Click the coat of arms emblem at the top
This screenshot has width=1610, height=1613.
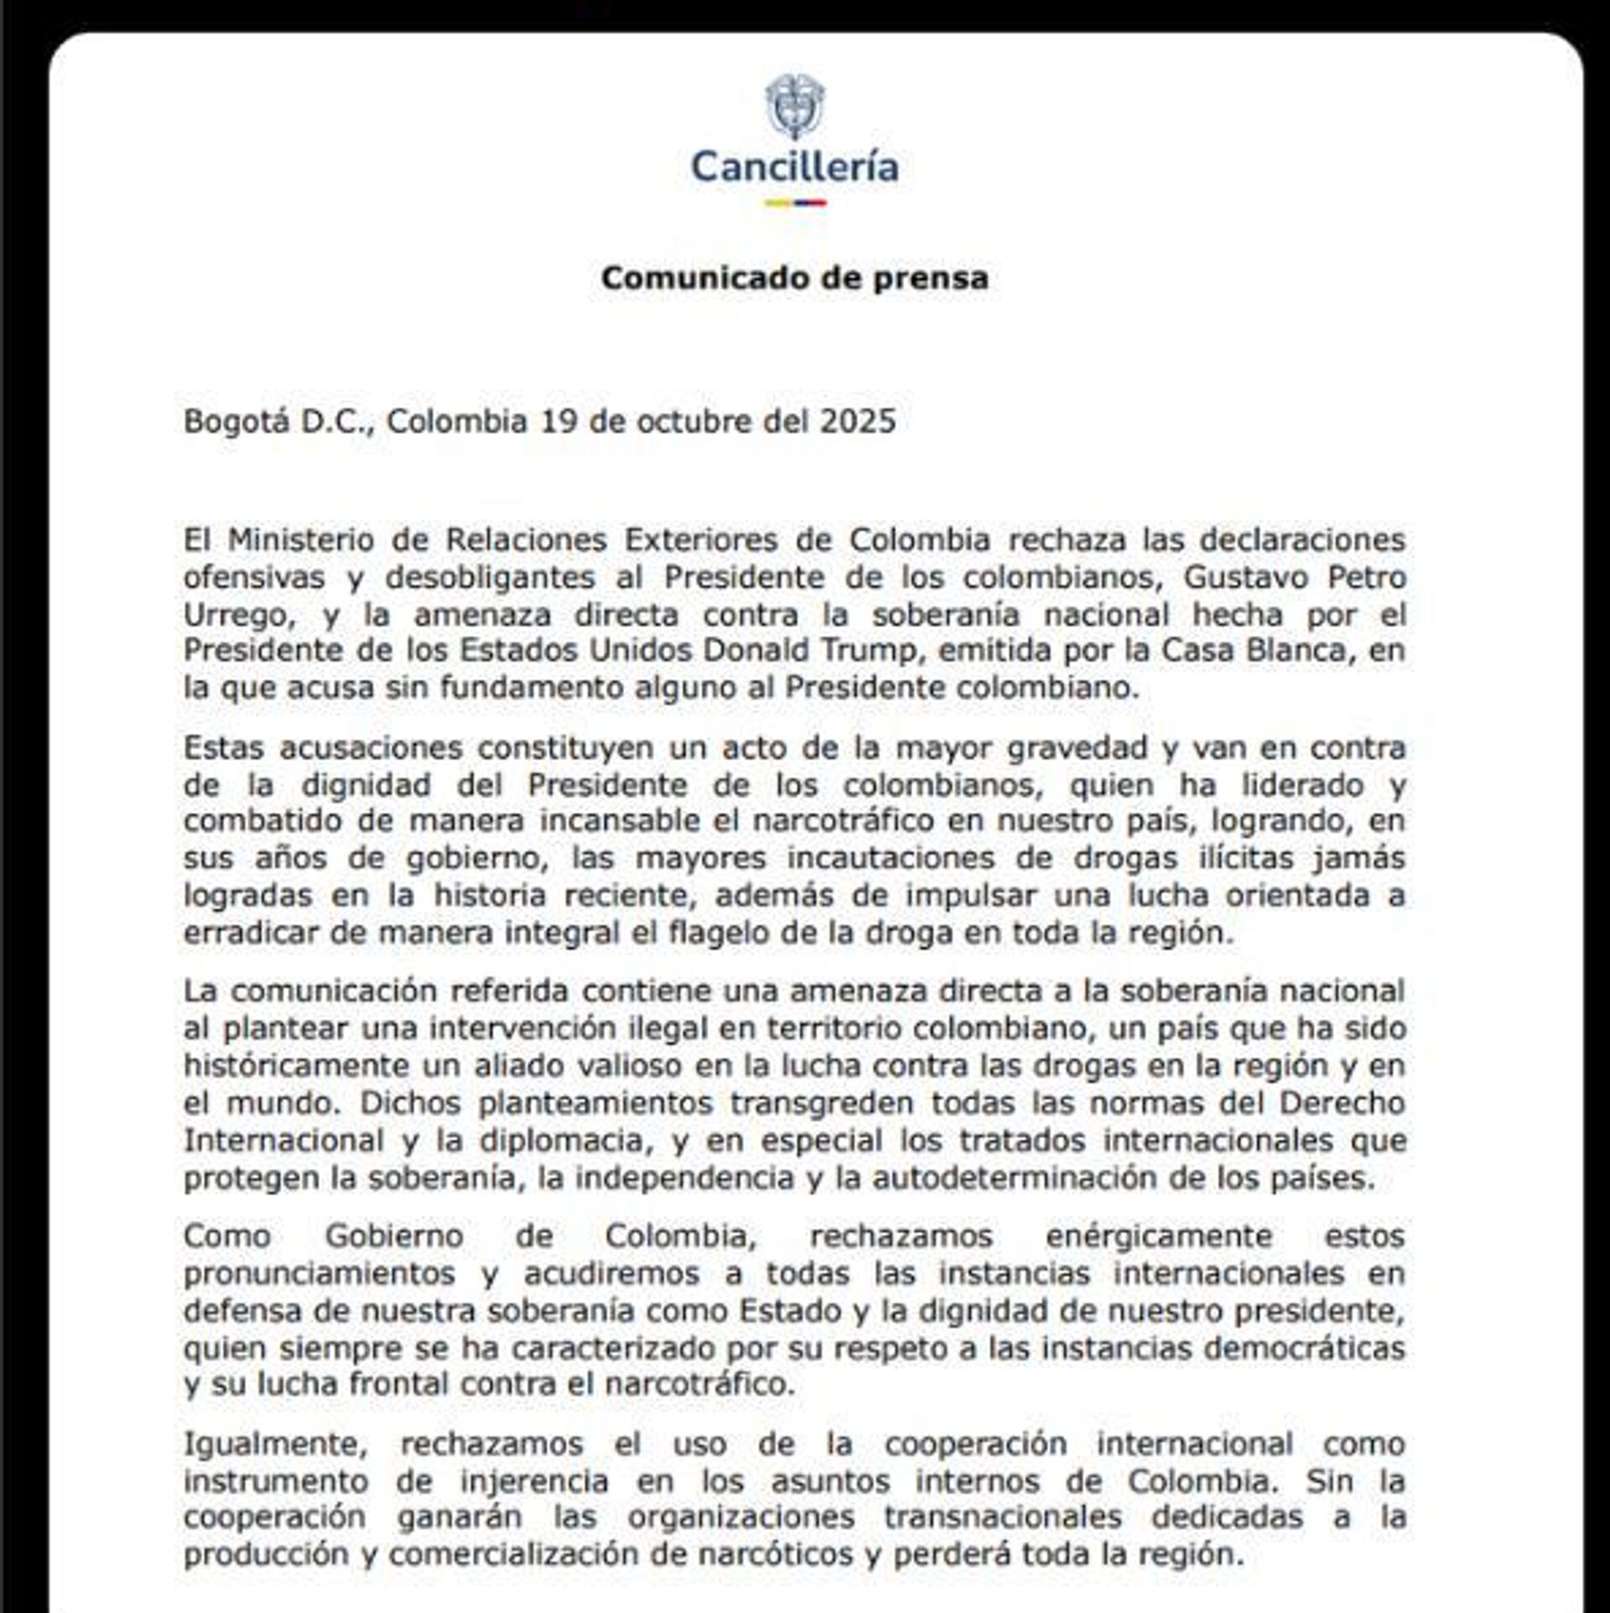click(794, 107)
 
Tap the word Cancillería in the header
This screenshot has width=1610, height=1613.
click(794, 167)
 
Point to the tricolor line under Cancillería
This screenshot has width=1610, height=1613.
click(794, 203)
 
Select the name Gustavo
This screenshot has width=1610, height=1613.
click(1223, 577)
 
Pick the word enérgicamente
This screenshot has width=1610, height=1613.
click(1160, 1236)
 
